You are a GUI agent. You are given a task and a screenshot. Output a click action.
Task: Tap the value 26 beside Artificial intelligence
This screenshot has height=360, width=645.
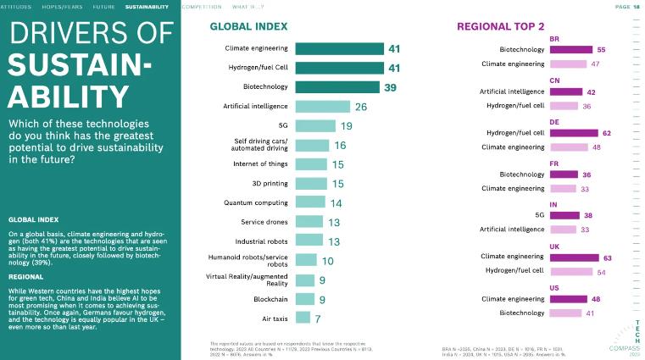(361, 107)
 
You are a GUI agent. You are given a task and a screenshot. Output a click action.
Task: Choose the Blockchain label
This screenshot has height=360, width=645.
(271, 299)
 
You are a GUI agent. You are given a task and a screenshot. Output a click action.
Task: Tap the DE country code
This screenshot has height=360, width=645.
(554, 122)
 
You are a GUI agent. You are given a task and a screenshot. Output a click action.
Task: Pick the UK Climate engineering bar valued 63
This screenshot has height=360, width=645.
(574, 256)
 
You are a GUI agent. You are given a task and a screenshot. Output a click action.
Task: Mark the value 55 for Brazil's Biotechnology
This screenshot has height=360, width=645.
(601, 50)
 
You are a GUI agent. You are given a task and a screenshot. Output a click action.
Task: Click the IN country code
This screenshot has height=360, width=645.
(553, 204)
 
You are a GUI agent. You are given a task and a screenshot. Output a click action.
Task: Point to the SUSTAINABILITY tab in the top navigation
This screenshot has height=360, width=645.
(147, 7)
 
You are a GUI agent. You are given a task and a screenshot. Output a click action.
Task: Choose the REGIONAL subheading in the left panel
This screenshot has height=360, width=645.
(26, 277)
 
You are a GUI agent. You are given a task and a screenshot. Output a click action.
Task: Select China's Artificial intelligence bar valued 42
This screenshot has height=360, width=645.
(566, 91)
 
